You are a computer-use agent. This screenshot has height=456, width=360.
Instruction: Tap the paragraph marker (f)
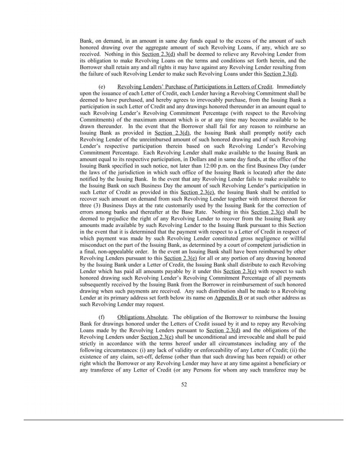point(101,317)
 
